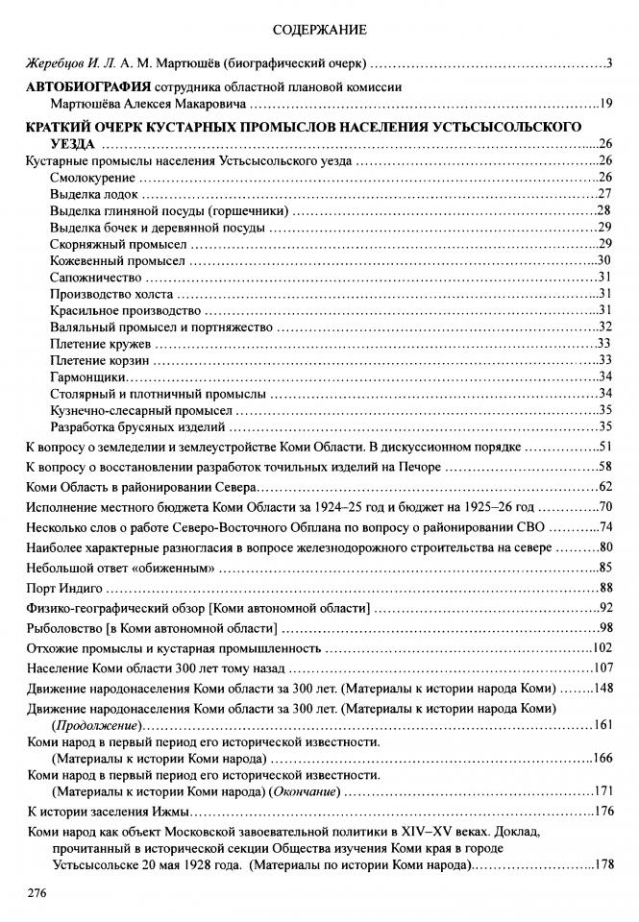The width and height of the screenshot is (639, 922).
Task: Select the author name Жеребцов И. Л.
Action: pos(63,64)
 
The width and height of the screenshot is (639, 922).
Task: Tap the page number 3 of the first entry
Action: pos(610,64)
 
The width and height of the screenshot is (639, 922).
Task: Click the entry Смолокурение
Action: pos(93,177)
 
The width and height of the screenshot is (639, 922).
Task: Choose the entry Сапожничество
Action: pos(94,277)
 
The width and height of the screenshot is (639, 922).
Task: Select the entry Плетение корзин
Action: pos(98,360)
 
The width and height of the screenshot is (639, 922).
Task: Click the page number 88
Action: pos(605,588)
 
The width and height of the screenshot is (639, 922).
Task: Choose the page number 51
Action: pos(605,447)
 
